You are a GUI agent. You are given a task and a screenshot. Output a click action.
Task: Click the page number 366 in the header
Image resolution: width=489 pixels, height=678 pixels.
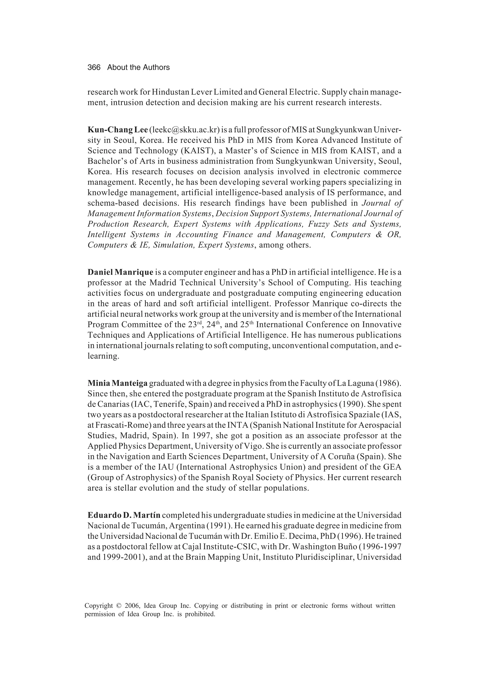tap(94, 68)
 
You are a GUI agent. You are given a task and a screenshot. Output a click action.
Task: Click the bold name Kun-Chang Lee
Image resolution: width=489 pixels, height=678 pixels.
tap(117, 130)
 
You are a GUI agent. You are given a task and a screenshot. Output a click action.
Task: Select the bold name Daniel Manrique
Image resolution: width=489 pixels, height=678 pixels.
tap(120, 272)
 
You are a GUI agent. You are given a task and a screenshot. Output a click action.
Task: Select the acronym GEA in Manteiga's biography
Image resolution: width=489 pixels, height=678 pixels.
tap(393, 467)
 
